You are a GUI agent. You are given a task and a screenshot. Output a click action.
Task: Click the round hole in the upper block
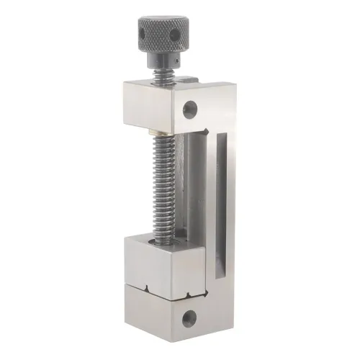[190, 109]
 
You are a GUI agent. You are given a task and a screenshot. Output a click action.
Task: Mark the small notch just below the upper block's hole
[208, 131]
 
